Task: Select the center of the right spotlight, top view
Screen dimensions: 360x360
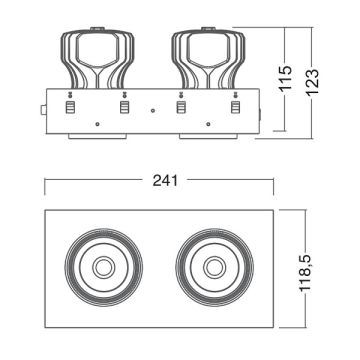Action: (x=214, y=268)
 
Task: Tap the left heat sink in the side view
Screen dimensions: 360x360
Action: (x=96, y=55)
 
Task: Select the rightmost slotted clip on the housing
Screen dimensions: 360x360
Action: (x=236, y=104)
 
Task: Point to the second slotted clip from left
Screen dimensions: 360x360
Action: (x=124, y=104)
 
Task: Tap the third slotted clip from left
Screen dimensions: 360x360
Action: (x=181, y=104)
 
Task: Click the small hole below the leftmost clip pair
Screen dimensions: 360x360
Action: (x=96, y=123)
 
